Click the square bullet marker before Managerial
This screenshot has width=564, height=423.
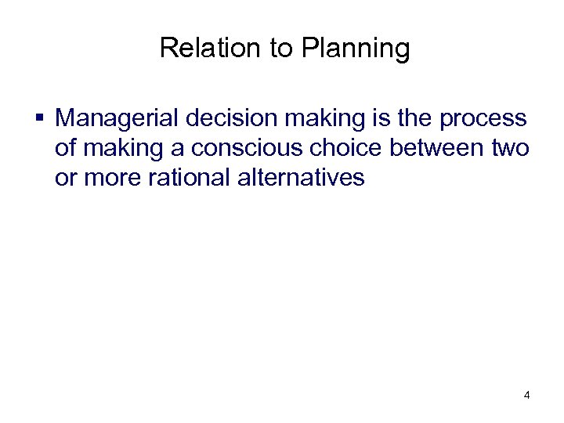[x=39, y=119]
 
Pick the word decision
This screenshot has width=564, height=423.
[x=228, y=119]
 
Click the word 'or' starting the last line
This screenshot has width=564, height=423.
[x=64, y=178]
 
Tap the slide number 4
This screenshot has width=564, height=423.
[x=526, y=396]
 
